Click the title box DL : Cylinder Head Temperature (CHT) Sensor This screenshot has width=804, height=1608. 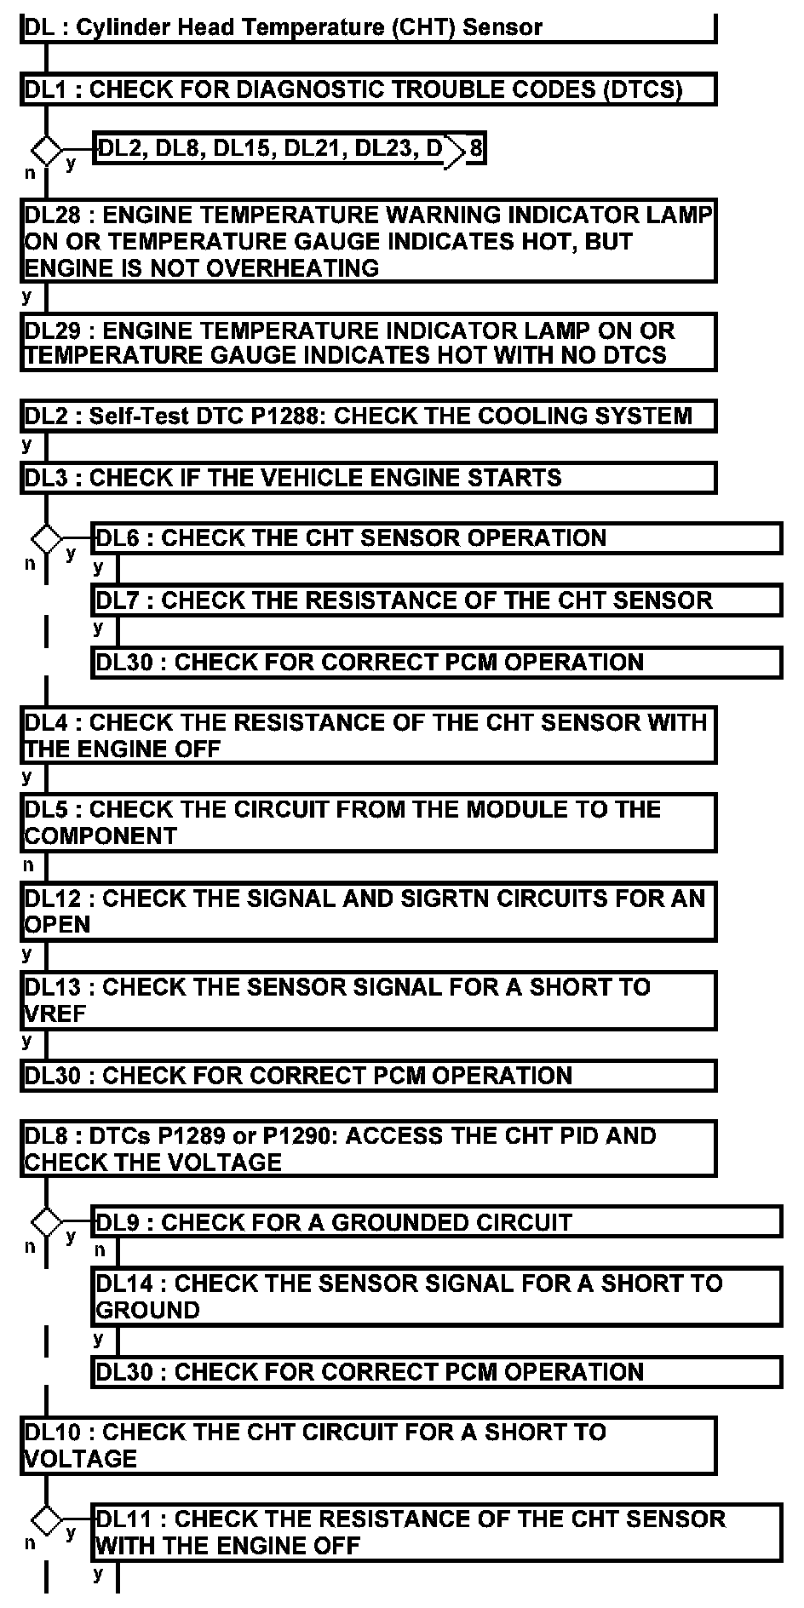coord(368,27)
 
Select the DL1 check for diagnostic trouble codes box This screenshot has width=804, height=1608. coord(368,89)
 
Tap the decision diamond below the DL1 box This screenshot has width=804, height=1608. coord(46,151)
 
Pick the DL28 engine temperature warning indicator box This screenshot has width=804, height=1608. coord(368,241)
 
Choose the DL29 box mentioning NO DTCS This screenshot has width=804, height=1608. coord(368,342)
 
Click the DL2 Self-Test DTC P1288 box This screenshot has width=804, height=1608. coord(368,416)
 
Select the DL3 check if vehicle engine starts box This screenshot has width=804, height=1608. coord(368,478)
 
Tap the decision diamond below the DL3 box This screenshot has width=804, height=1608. coord(46,539)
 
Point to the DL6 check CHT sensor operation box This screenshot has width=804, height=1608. coord(436,538)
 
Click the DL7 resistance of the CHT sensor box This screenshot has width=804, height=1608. coord(436,600)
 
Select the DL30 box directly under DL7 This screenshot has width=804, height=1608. coord(436,663)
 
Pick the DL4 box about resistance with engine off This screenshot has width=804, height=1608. coord(368,736)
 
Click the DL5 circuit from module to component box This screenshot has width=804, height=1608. coord(368,823)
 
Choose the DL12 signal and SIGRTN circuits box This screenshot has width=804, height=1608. coord(368,911)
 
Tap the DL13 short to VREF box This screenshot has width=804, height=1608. coord(368,1000)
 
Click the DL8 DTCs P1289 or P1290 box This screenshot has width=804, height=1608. coord(368,1149)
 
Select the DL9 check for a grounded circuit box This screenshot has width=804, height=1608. coord(436,1223)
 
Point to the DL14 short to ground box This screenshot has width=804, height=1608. coord(436,1296)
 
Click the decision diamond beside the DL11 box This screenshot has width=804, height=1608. coord(46,1520)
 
